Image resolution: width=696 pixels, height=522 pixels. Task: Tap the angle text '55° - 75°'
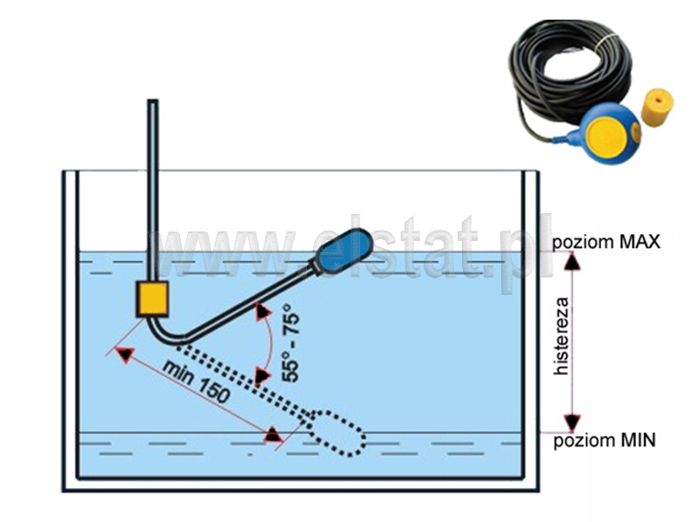pyautogui.click(x=291, y=343)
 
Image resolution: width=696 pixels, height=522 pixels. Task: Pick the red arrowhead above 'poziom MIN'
pyautogui.click(x=571, y=422)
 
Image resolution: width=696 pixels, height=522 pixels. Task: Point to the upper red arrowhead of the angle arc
pyautogui.click(x=260, y=312)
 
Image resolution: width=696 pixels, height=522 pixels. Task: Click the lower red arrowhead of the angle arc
pyautogui.click(x=261, y=375)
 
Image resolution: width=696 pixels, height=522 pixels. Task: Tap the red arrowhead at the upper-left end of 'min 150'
pyautogui.click(x=124, y=355)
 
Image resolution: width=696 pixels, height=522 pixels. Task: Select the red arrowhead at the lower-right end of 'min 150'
pyautogui.click(x=273, y=433)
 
